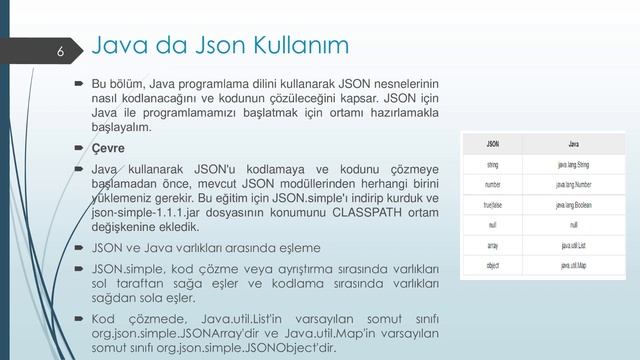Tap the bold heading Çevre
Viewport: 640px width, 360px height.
pyautogui.click(x=109, y=149)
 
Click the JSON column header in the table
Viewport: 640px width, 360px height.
pyautogui.click(x=494, y=143)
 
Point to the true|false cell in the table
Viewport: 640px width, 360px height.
pyautogui.click(x=494, y=205)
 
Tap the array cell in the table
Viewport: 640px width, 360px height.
pyautogui.click(x=494, y=245)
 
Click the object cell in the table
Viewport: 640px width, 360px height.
pyautogui.click(x=494, y=265)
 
